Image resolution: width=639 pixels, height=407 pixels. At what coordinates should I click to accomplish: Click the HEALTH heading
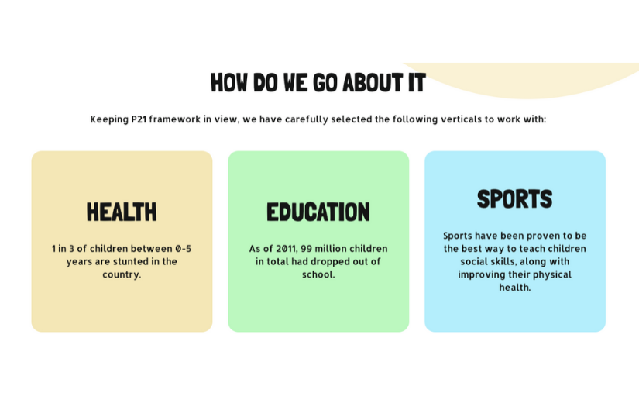pos(122,212)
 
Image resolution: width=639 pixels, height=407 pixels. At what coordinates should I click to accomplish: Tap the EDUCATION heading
pos(318,212)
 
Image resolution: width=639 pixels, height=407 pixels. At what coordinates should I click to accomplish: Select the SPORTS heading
pos(514,199)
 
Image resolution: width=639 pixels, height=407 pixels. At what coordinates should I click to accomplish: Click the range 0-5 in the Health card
pos(183,249)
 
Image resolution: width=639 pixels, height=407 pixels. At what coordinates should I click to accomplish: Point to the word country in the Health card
pos(121,274)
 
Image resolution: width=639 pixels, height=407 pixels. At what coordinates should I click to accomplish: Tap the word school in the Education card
pos(318,274)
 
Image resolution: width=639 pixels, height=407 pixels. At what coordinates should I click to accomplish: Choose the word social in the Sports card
pos(476,261)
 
